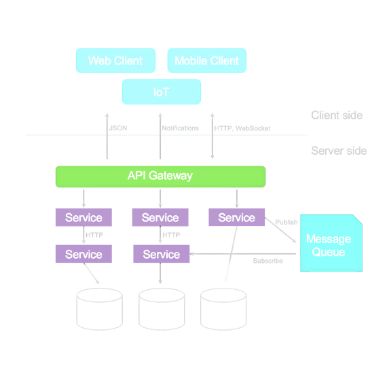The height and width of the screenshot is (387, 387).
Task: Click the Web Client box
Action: [115, 60]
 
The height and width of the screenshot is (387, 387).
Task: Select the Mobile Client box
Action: [207, 60]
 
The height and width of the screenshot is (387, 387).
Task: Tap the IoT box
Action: [162, 92]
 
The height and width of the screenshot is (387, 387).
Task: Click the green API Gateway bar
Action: [160, 177]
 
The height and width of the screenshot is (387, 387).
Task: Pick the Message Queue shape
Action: [331, 243]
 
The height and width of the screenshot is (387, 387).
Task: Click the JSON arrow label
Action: [118, 128]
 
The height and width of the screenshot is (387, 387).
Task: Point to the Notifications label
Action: [180, 128]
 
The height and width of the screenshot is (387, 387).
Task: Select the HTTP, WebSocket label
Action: [242, 128]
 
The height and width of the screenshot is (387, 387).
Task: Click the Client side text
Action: [337, 115]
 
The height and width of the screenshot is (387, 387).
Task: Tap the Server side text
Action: [339, 151]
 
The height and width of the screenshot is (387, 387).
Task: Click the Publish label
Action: [287, 222]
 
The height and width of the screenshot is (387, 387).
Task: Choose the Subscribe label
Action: [268, 261]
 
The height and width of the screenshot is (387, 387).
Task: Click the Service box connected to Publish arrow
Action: [237, 217]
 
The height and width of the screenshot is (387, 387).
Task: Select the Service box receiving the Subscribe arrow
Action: [162, 254]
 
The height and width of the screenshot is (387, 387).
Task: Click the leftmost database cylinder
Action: [100, 309]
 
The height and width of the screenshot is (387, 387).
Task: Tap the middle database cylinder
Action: [162, 309]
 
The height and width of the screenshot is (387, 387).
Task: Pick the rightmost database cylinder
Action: [223, 309]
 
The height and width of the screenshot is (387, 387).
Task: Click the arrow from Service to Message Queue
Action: [280, 229]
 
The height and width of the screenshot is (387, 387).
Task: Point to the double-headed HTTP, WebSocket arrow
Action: [213, 136]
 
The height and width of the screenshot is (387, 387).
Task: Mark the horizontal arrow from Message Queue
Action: [243, 254]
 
